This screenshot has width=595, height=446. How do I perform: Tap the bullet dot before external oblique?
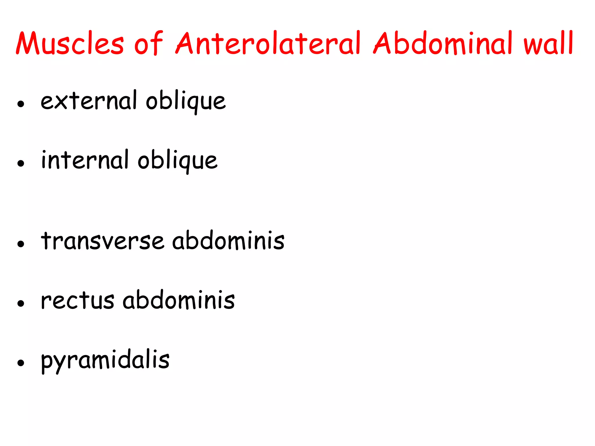pos(21,104)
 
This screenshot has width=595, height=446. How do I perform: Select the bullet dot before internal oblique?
pos(21,163)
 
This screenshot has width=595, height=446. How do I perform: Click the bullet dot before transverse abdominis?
pos(21,244)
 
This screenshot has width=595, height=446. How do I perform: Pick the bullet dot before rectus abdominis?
pos(21,303)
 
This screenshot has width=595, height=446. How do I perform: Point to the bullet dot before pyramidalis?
pos(21,363)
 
